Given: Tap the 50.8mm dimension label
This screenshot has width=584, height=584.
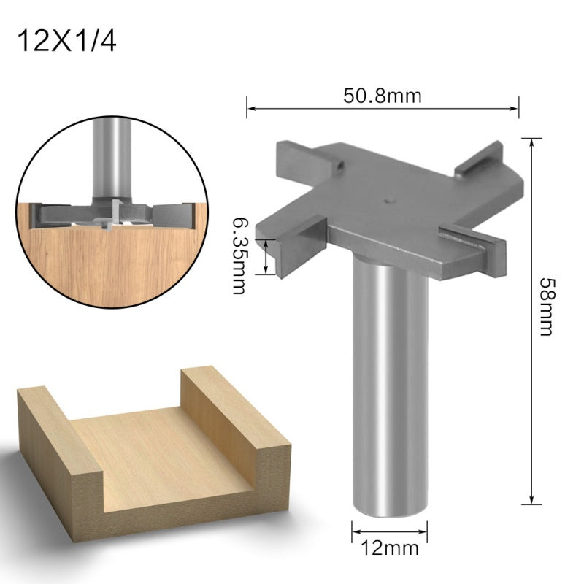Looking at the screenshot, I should pos(383,95).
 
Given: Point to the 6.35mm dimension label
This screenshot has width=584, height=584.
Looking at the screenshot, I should pos(238,253).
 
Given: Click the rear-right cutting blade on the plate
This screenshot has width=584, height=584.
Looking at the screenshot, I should pos(478,161).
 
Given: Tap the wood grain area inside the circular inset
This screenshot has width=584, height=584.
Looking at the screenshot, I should pos(102,255).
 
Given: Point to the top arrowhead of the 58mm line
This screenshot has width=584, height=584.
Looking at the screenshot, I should pos(531,140).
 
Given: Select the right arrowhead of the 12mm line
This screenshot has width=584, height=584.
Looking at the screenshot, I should pos(425,528).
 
